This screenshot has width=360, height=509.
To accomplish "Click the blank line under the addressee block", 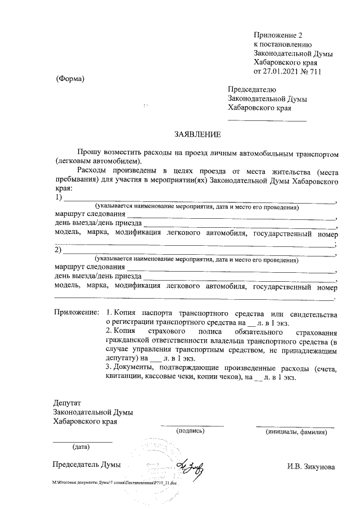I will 267,120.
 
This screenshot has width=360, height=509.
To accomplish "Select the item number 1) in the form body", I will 58,198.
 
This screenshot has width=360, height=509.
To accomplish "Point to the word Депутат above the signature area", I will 67,403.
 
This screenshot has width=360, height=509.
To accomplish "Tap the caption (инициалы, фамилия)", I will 295,431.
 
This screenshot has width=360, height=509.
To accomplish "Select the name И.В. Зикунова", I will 311,466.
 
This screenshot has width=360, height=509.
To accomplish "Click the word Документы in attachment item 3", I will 133,367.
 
